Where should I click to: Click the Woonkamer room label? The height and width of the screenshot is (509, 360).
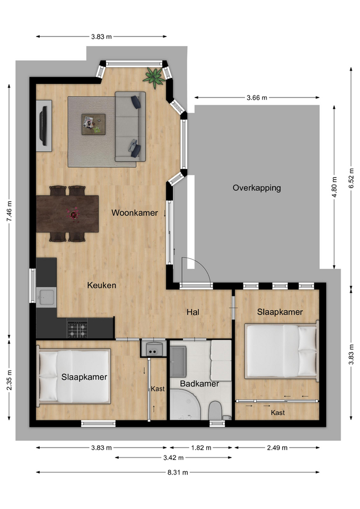point(134,213)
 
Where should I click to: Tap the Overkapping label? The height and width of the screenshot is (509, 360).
point(257,188)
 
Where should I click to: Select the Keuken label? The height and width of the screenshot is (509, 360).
point(102,285)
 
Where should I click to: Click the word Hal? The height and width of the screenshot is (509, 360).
point(193,312)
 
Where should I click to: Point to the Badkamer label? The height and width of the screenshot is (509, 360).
point(199,384)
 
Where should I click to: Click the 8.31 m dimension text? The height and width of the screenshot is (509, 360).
point(178,472)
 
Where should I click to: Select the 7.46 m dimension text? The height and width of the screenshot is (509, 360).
point(9,212)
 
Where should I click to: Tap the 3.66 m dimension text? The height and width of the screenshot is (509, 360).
point(257,98)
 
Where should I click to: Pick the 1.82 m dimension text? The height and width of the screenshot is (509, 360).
point(201,448)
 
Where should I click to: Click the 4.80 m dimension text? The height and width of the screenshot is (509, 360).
point(335,187)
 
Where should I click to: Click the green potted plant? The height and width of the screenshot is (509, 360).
point(154,77)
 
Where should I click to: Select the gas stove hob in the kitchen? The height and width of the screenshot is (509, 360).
point(77,329)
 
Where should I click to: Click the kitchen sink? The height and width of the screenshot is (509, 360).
point(46,297)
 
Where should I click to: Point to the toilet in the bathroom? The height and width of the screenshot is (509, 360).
point(215,410)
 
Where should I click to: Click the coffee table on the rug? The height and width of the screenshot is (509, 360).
point(93,124)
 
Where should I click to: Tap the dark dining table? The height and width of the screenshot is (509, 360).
point(67,214)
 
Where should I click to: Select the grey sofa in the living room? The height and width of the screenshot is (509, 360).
point(130,126)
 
